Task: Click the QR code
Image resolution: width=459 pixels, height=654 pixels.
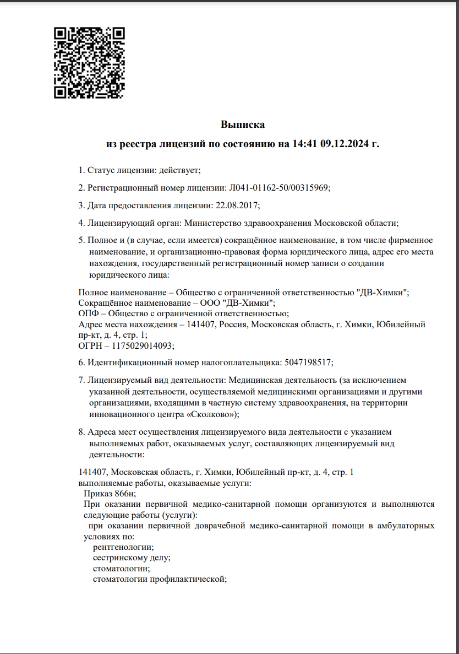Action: coord(89,63)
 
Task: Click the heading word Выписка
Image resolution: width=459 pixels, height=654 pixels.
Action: coord(243,125)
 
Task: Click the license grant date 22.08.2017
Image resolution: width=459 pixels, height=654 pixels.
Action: coord(236,206)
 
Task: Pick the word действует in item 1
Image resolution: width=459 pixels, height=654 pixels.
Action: coord(178,170)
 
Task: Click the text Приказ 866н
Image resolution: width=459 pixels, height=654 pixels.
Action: coord(109,494)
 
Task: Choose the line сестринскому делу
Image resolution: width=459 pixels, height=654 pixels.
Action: coord(132,558)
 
